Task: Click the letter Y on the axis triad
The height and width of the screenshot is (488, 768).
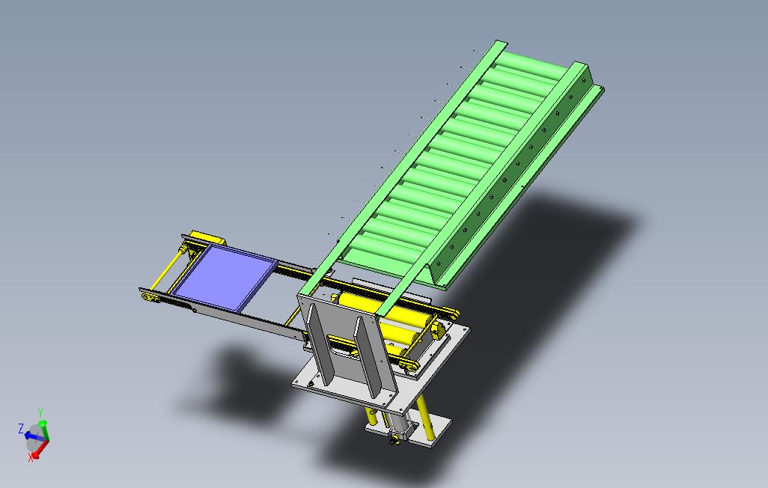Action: tap(40, 412)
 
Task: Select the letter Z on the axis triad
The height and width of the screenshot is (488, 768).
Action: tap(21, 428)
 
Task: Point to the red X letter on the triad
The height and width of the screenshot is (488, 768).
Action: tap(31, 458)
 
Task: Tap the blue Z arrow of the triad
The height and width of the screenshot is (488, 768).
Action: tap(31, 435)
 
